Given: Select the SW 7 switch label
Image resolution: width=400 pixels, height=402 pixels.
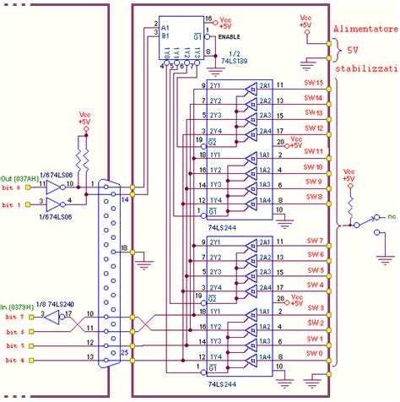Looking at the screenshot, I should [313, 243].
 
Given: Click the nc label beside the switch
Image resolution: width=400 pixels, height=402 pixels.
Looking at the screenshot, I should [392, 217].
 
